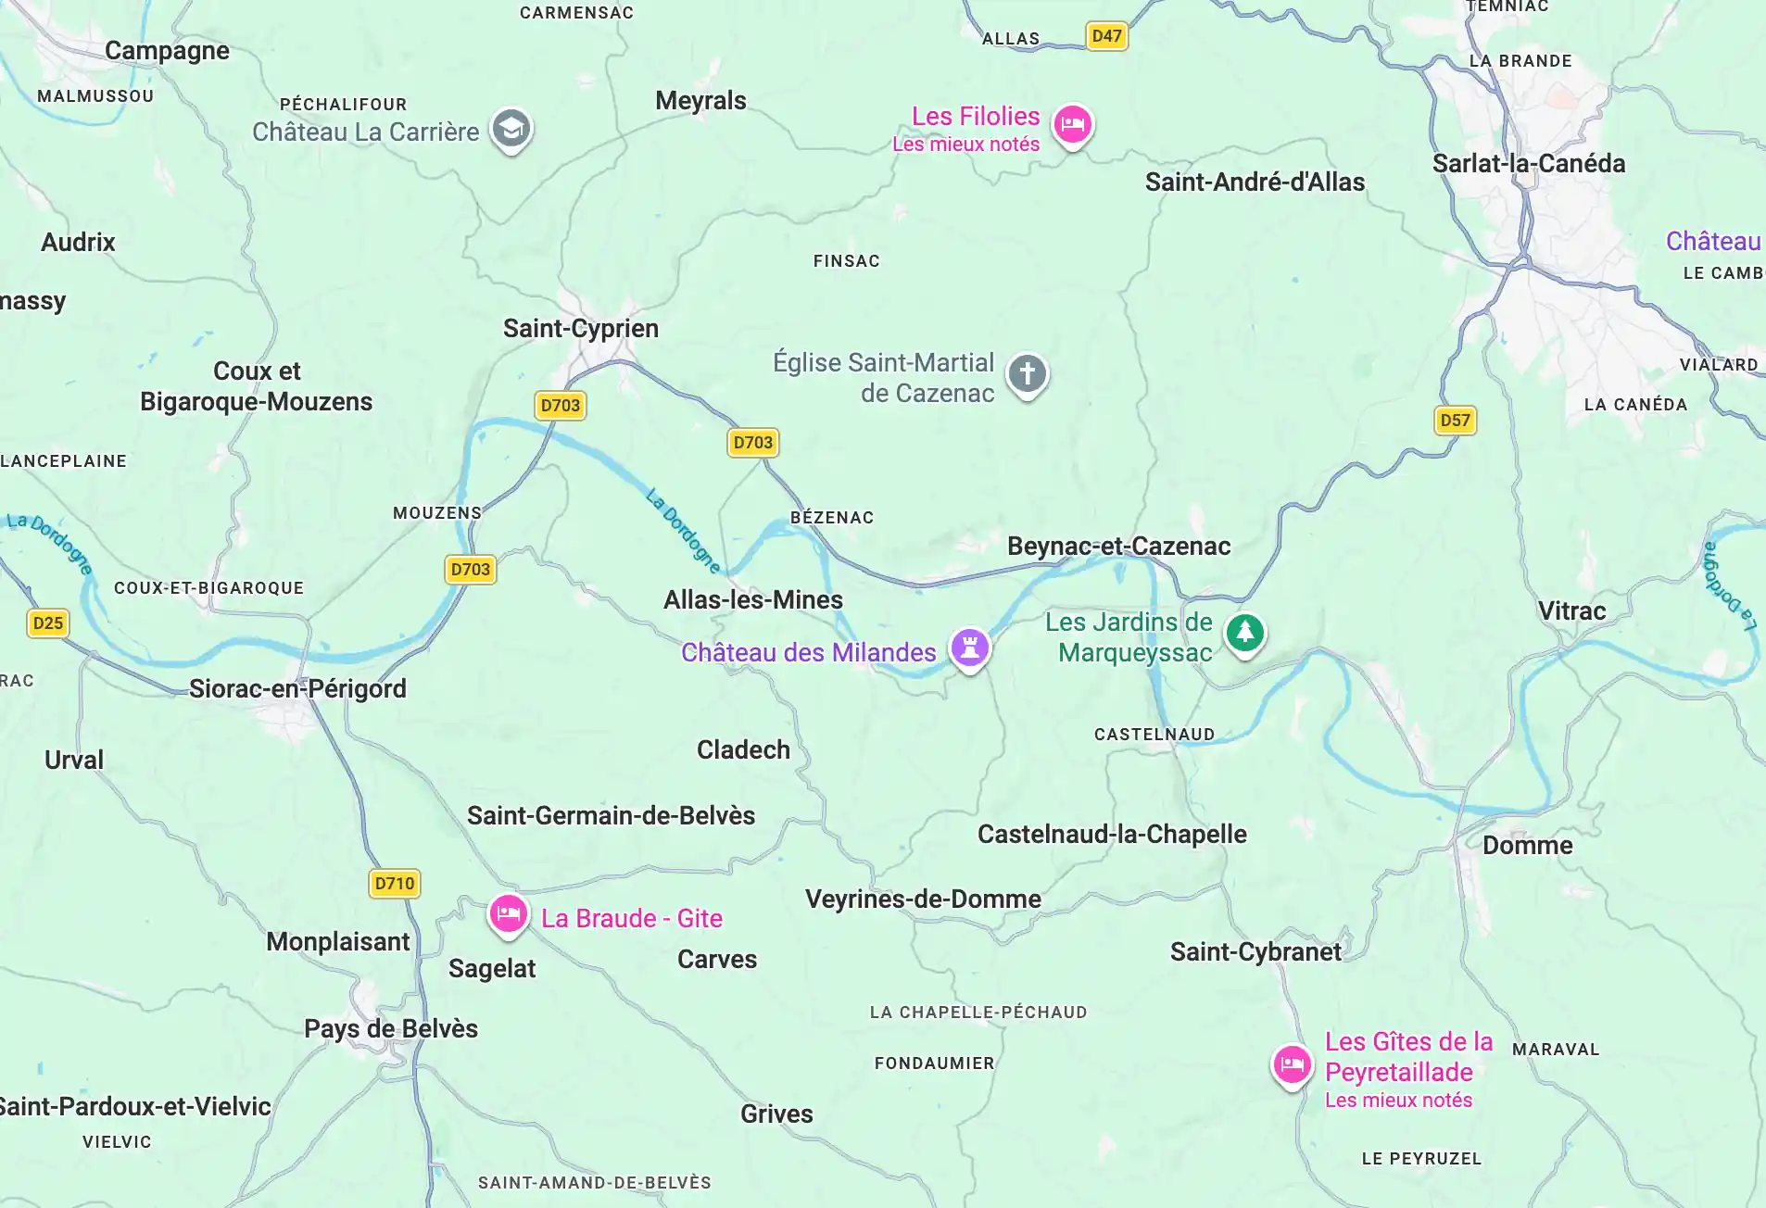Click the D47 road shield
click(x=1106, y=36)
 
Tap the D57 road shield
click(x=1455, y=421)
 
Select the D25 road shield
click(x=48, y=623)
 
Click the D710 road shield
click(x=395, y=884)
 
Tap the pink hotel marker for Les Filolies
click(x=1073, y=124)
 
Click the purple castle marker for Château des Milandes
click(x=970, y=648)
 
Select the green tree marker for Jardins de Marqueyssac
click(x=1244, y=634)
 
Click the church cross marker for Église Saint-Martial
click(x=1027, y=374)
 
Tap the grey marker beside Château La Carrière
click(x=511, y=130)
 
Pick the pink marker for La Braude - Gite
click(x=509, y=915)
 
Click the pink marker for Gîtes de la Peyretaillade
click(x=1291, y=1065)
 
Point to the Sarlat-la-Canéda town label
click(x=1528, y=164)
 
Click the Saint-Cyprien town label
click(x=581, y=329)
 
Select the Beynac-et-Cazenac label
click(x=1118, y=547)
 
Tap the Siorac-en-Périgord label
click(x=297, y=689)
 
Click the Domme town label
click(x=1527, y=846)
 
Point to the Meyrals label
click(x=700, y=101)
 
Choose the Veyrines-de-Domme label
click(x=923, y=900)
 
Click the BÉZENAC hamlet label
click(x=831, y=518)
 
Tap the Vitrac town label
click(x=1571, y=611)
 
